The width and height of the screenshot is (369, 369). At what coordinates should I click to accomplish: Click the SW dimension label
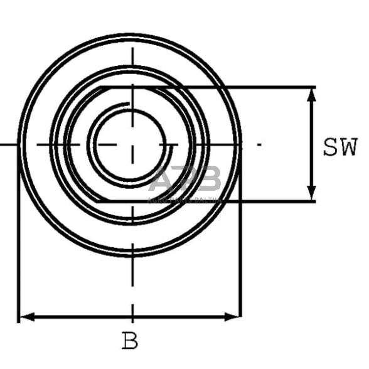point(340,148)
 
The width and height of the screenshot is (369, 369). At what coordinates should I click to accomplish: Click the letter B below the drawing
point(130,341)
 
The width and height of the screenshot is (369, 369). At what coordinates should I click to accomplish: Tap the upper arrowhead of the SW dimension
point(312,94)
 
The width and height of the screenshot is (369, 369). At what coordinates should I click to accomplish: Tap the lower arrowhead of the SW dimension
point(312,195)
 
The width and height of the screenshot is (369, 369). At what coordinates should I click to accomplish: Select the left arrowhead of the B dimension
point(25,317)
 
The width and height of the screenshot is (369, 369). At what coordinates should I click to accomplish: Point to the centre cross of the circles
point(132,144)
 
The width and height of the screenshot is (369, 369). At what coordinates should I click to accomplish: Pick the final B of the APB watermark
point(210,180)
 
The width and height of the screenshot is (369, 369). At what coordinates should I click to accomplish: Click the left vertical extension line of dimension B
point(18,251)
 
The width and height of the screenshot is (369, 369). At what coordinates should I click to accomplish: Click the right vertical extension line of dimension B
point(241,251)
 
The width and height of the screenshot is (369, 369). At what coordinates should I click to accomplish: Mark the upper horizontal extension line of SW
point(264,87)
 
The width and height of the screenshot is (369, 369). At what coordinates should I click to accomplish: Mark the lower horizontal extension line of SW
point(264,201)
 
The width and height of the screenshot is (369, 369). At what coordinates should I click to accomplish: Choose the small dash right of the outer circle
point(259,144)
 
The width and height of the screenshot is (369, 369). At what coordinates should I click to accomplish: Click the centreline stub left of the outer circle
point(8,144)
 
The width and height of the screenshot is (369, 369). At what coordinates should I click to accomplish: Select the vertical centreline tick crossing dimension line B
point(132,314)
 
